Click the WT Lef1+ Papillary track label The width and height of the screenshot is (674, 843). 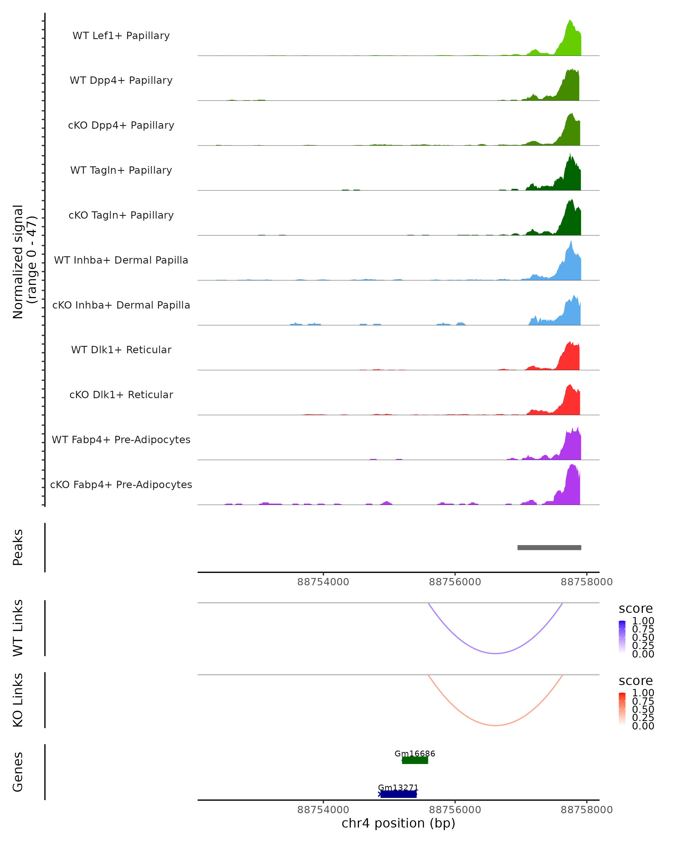[121, 36]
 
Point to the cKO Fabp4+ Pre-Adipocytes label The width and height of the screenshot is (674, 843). [121, 484]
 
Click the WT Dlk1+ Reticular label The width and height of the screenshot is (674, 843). [121, 350]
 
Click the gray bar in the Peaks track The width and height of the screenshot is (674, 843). [549, 547]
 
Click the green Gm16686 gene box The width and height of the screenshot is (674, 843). [415, 760]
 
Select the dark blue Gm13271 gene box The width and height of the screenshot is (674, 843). [398, 794]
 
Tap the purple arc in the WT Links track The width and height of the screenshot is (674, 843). [495, 653]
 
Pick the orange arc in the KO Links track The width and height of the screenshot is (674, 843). [495, 725]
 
